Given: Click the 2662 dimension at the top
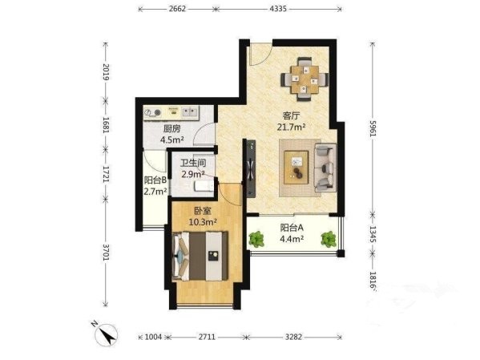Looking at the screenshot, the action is (x=177, y=9).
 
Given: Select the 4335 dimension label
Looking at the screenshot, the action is (x=278, y=9).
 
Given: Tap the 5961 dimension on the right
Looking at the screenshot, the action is (x=373, y=128).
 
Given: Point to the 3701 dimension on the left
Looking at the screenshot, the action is (x=106, y=252).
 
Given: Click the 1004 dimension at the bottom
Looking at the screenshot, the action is (x=153, y=337).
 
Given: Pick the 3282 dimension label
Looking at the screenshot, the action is (x=293, y=337).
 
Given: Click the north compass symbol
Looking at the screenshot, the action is (x=106, y=334).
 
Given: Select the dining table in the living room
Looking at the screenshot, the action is (x=305, y=79).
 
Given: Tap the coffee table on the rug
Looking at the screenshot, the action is (x=296, y=168).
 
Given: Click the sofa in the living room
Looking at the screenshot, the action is (x=325, y=168).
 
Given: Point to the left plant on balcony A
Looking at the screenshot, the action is (x=256, y=239).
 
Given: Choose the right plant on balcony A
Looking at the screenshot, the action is (x=329, y=239).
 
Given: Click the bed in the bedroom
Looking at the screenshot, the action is (x=200, y=257).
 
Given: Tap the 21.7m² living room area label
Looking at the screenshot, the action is (x=292, y=127).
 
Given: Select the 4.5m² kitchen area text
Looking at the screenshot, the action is (x=172, y=140).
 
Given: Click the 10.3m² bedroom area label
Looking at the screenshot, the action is (x=203, y=221).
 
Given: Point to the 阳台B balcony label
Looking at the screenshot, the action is (x=155, y=180).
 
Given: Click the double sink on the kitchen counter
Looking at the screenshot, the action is (x=190, y=111).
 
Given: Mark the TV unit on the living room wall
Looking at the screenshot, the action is (x=252, y=169).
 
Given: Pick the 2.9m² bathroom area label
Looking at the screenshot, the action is (x=193, y=174).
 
